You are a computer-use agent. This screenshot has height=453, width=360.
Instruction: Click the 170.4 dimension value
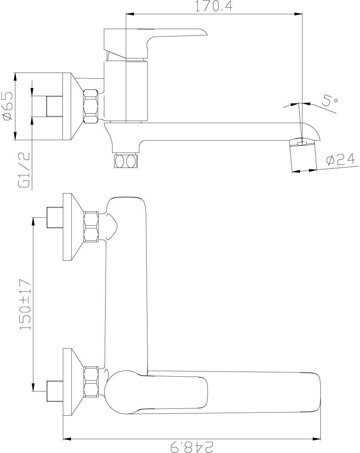tap(214, 7)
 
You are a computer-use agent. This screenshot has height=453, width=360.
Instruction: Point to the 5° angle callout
tap(329, 101)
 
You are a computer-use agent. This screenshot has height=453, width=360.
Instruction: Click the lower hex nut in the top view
tap(92, 382)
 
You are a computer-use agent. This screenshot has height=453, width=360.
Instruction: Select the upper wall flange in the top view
tap(72, 226)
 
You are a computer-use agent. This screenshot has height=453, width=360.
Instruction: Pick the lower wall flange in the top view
tap(72, 382)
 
